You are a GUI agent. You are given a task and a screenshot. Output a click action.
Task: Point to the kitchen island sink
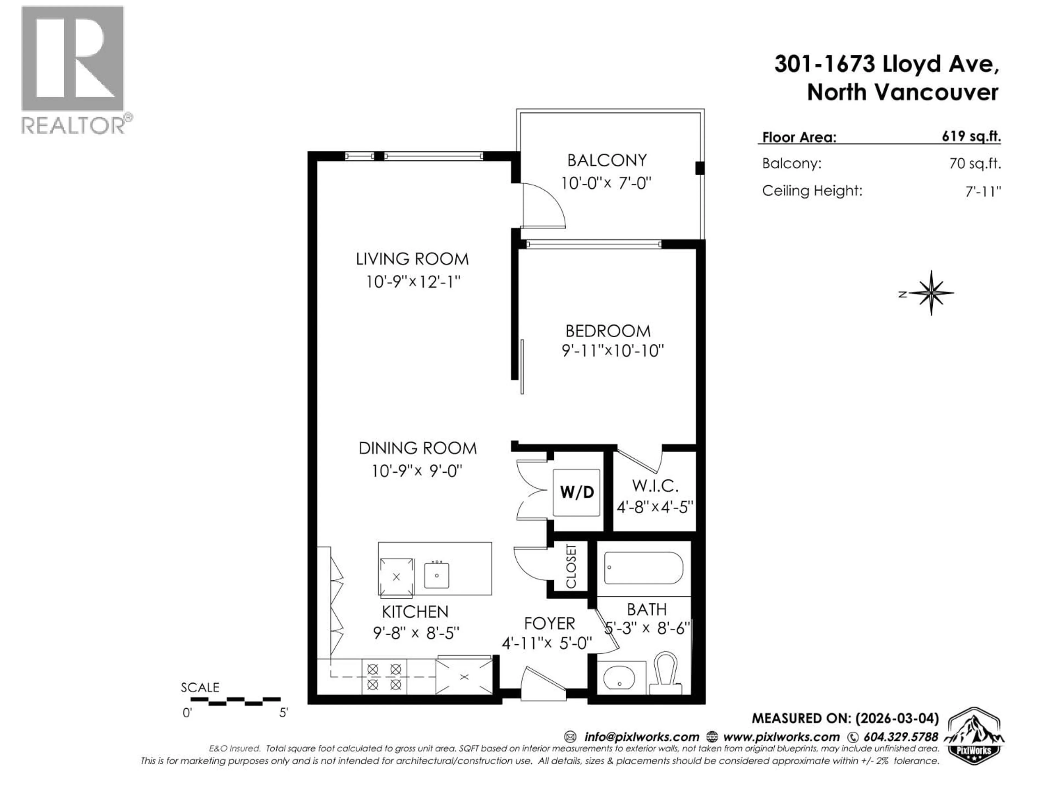(436, 575)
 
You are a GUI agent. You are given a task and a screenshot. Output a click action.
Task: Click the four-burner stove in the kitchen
(384, 677)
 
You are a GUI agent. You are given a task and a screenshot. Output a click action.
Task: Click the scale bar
(236, 701)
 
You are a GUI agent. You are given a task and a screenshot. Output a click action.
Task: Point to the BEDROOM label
(607, 331)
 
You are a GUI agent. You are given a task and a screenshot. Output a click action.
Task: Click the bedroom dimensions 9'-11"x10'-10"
(612, 351)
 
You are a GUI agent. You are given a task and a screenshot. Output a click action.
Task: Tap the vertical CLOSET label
(571, 566)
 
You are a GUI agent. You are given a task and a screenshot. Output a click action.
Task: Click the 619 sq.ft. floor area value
(971, 136)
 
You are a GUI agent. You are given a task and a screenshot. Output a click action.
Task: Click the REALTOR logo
(74, 69)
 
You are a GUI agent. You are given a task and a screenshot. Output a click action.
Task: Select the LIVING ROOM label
(412, 259)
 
